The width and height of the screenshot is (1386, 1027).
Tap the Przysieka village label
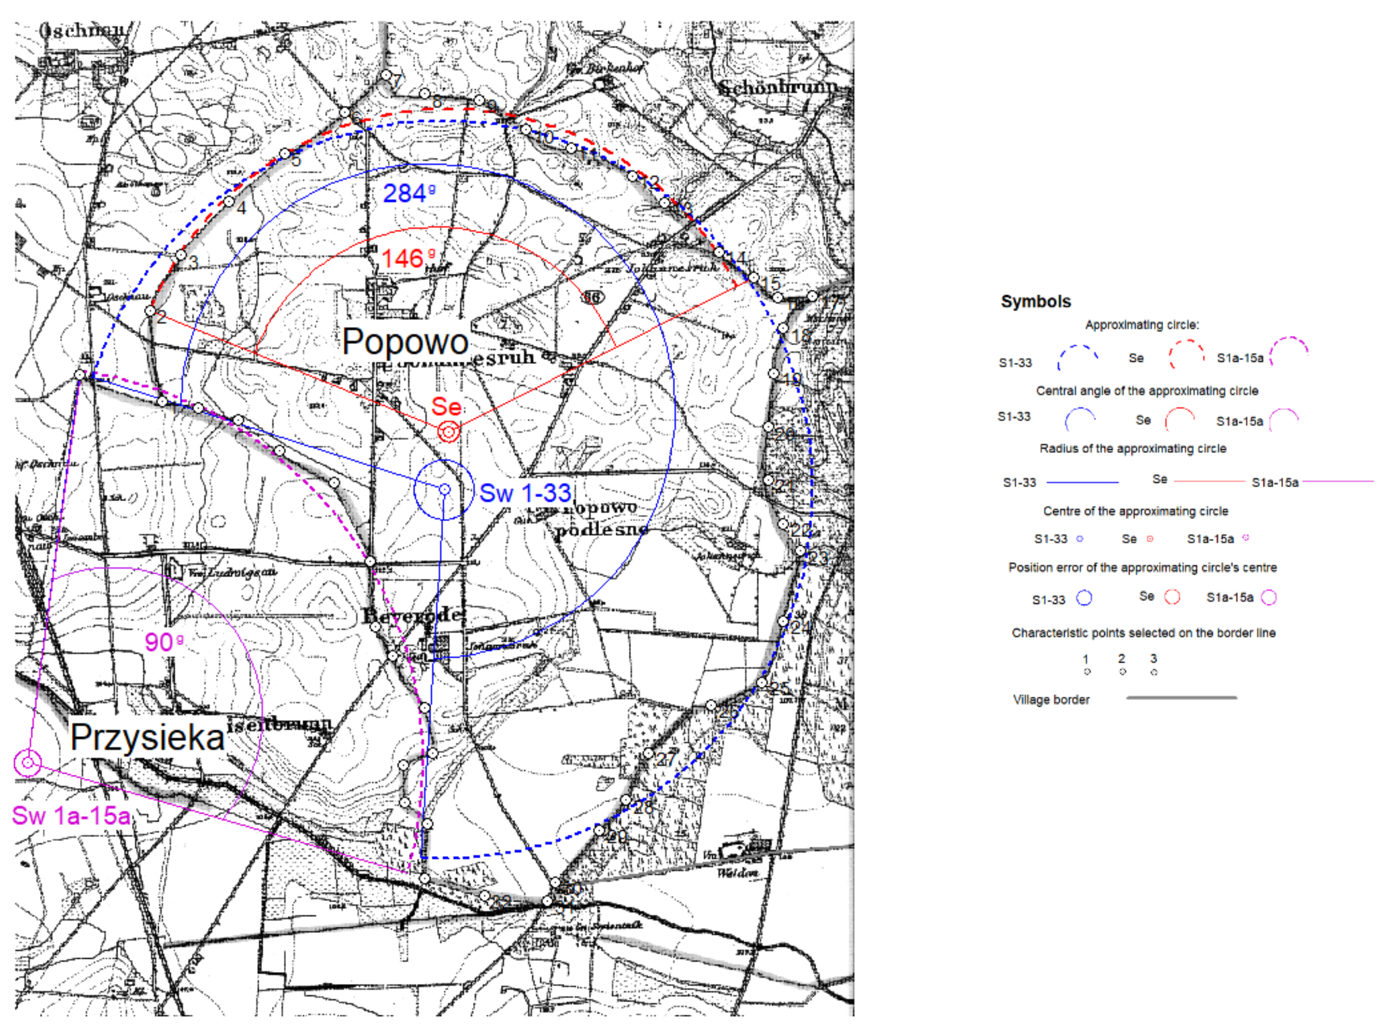(147, 738)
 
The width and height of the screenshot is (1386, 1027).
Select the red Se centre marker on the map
(448, 431)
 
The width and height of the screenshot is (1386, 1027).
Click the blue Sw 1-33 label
(525, 493)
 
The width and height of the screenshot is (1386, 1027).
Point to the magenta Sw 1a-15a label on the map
(71, 816)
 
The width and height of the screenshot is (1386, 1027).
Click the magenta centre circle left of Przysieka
(28, 763)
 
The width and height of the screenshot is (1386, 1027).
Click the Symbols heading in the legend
(1035, 302)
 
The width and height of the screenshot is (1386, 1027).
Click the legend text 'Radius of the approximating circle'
(1133, 449)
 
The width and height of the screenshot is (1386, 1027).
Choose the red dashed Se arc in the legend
(1186, 353)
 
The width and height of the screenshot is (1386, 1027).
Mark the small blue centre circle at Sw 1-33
(445, 490)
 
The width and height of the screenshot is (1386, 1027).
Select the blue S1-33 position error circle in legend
(1084, 598)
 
